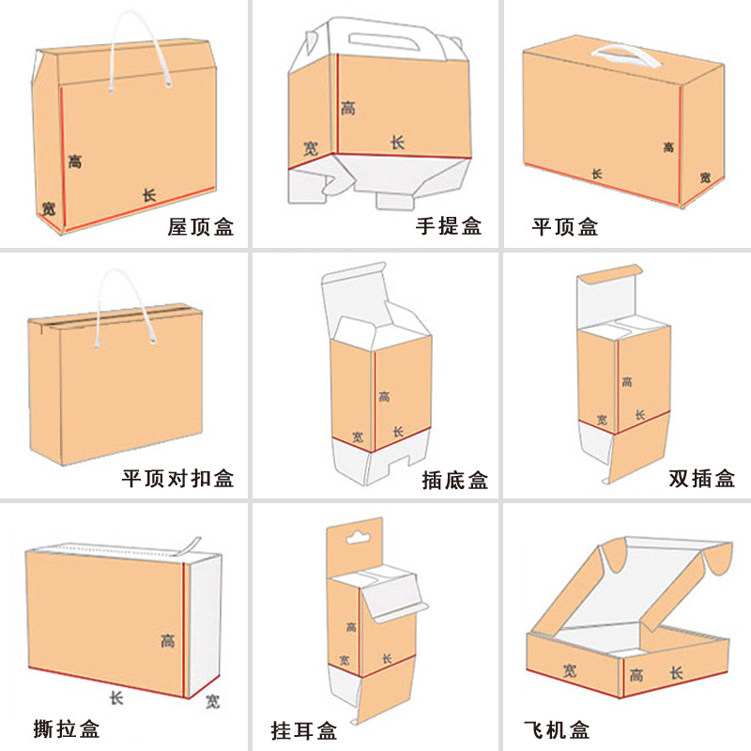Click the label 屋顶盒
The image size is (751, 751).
(x=200, y=226)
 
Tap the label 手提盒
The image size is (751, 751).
(x=449, y=226)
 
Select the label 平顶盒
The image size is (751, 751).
(x=565, y=226)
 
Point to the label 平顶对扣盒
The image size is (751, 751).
(x=177, y=478)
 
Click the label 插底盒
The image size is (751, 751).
(x=455, y=481)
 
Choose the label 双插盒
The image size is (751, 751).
(x=701, y=478)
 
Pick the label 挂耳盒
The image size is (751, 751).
(x=303, y=729)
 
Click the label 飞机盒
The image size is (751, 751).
(x=558, y=729)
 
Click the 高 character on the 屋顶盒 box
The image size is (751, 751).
(x=75, y=161)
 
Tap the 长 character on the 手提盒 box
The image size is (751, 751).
(x=397, y=143)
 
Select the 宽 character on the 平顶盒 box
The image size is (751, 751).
(x=704, y=176)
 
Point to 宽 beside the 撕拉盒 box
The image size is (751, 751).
(x=213, y=700)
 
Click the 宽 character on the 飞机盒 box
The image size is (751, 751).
(x=570, y=670)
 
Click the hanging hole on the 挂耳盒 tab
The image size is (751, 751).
(x=355, y=539)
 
